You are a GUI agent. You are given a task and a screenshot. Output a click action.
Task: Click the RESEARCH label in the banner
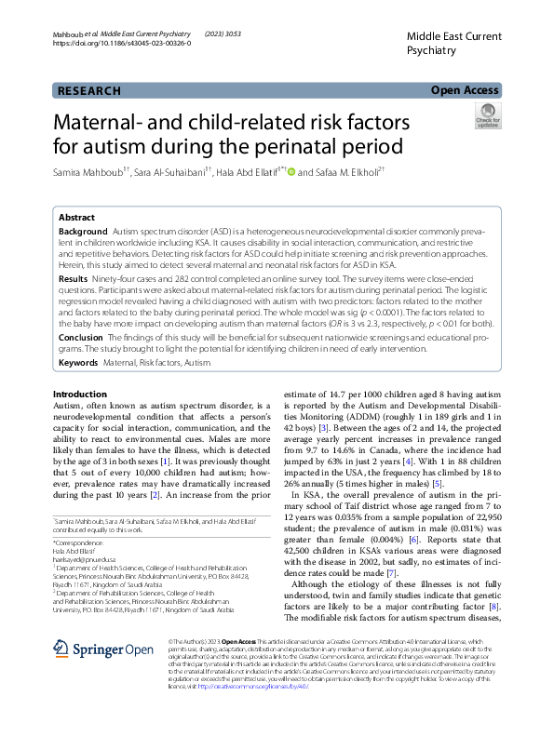pyautogui.click(x=89, y=90)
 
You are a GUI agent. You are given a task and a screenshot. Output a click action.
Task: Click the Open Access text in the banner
pyautogui.click(x=466, y=90)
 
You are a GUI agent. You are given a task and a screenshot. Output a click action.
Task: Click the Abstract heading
pyautogui.click(x=76, y=215)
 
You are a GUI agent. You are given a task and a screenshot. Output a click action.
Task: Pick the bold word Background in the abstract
pyautogui.click(x=83, y=230)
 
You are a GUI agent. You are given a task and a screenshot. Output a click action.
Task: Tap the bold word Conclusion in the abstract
pyautogui.click(x=81, y=338)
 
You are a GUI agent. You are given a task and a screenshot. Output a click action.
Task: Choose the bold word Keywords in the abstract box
pyautogui.click(x=78, y=361)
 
